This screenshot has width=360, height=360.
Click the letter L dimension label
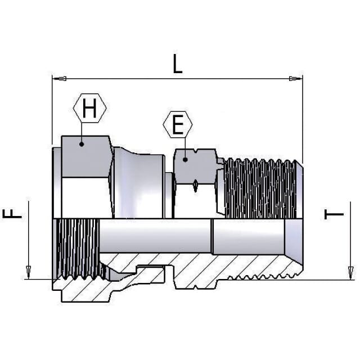[x=177, y=64]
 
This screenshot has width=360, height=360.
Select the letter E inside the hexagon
[x=178, y=125]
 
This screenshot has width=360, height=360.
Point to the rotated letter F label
[x=12, y=214]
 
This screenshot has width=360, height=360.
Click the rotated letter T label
[x=334, y=214]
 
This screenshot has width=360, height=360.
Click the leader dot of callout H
[x=82, y=144]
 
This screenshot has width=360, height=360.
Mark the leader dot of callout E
[x=185, y=160]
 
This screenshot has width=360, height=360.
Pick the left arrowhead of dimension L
[x=60, y=79]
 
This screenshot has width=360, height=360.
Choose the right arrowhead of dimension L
[x=296, y=79]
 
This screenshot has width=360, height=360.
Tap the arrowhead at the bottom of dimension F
[x=29, y=272]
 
